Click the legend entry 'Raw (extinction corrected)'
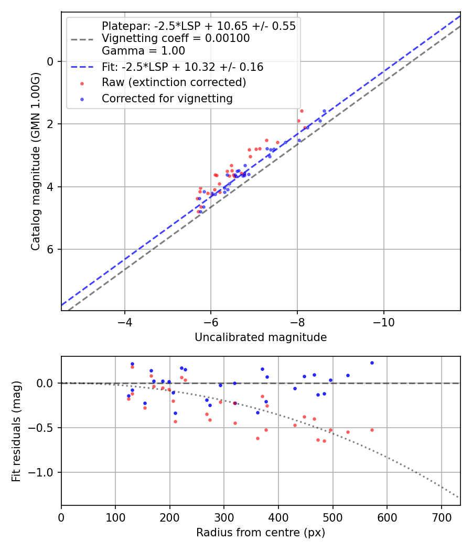click(x=174, y=82)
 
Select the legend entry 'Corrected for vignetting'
click(x=167, y=98)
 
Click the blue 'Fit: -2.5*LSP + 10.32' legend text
click(x=183, y=67)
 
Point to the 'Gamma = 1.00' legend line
click(x=143, y=51)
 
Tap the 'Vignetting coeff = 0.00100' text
click(x=176, y=38)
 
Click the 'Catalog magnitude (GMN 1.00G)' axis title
click(x=35, y=161)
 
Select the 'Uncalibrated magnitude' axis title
click(x=261, y=337)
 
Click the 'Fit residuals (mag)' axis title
click(x=16, y=431)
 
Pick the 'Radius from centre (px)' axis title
click(x=261, y=533)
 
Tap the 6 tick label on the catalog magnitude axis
click(x=50, y=249)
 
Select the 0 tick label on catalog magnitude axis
click(x=50, y=61)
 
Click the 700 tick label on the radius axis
click(x=441, y=518)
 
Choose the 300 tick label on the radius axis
click(x=224, y=518)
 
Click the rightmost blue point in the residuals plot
click(x=372, y=363)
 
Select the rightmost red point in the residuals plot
click(x=372, y=430)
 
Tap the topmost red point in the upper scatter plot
click(x=302, y=111)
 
